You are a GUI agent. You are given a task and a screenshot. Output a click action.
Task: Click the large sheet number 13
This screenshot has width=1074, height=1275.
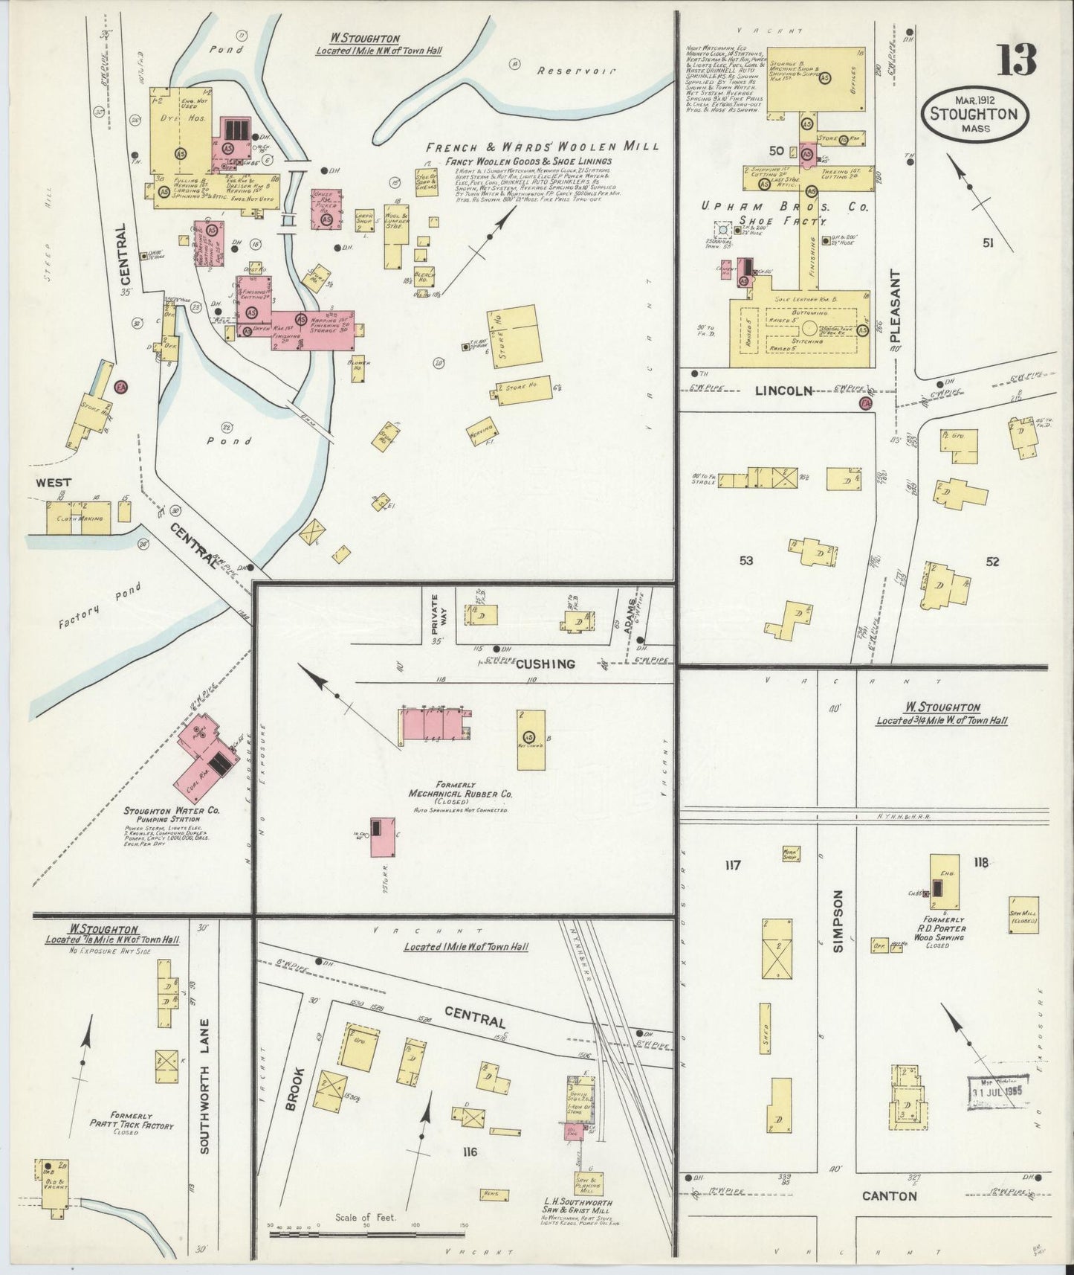[x=1016, y=60]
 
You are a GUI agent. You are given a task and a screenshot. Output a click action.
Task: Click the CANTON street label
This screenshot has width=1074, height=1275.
[x=890, y=1196]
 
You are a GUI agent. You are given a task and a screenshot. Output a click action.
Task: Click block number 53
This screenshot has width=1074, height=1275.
[x=746, y=560]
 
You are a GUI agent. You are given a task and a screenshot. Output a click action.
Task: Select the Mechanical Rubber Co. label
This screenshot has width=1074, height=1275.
[x=461, y=794]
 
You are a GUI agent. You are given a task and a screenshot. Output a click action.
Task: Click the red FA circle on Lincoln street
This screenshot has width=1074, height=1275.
[x=864, y=402]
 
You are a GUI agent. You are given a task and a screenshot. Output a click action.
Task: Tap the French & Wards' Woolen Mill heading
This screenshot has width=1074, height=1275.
[x=543, y=147]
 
